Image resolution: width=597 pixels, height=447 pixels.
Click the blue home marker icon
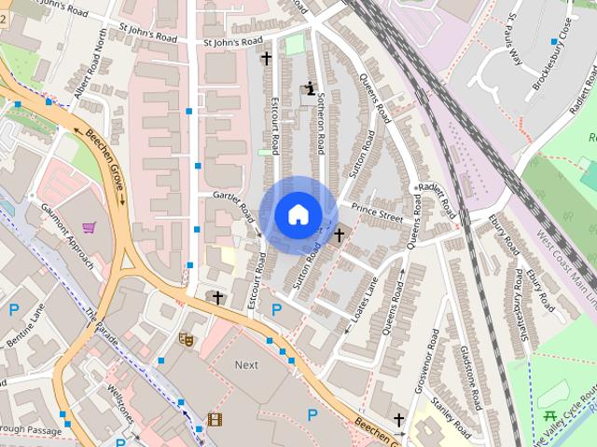point(298,215)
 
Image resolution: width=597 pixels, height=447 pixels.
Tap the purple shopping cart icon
point(89,226)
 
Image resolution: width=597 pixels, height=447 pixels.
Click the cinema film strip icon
point(215,420)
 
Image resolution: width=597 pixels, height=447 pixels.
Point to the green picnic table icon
point(548,416)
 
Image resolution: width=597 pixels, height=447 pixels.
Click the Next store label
point(246,365)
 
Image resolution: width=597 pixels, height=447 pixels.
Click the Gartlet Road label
point(233,205)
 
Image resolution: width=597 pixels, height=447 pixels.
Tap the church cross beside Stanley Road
point(399,420)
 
